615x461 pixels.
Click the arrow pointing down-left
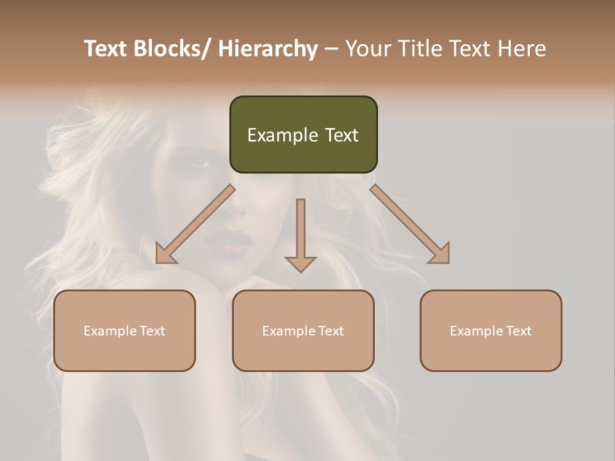(195, 224)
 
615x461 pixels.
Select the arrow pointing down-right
(410, 224)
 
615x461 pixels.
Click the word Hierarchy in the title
(268, 49)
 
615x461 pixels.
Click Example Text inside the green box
(303, 135)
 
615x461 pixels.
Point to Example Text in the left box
(124, 331)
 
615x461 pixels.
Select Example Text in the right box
(491, 331)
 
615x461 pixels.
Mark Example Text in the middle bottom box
(303, 331)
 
